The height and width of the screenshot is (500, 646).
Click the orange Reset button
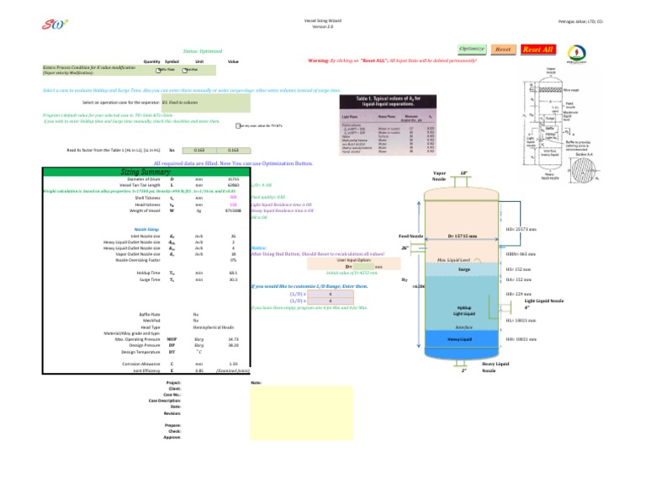(504, 51)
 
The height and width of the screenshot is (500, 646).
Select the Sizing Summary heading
(140, 171)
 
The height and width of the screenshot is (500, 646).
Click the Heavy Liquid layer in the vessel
(459, 338)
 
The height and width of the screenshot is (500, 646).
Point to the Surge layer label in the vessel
(463, 269)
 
